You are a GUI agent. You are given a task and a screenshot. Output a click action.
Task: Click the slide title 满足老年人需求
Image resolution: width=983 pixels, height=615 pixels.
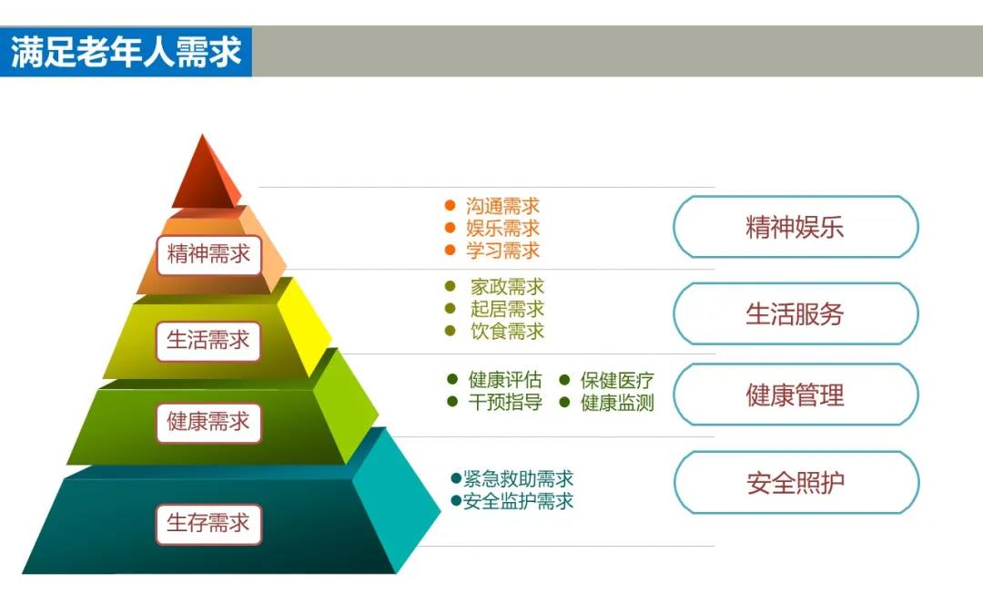click(126, 51)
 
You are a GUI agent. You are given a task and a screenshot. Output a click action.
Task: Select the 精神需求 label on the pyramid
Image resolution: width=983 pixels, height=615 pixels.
click(208, 255)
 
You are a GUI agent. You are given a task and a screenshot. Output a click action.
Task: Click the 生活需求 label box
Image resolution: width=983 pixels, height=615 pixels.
click(208, 341)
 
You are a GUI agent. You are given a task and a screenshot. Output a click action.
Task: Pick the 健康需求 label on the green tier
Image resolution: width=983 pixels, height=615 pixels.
click(208, 423)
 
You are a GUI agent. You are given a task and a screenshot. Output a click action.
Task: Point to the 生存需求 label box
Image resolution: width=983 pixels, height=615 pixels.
click(208, 523)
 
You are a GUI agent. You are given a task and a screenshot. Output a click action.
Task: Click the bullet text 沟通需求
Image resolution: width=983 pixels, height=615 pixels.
click(502, 206)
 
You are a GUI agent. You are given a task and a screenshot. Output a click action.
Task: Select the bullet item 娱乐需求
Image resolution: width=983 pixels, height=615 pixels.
click(502, 228)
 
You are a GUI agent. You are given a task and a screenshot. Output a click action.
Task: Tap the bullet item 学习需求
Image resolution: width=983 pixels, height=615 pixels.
click(502, 251)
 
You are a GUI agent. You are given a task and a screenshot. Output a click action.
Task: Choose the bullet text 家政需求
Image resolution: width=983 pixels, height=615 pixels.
click(507, 287)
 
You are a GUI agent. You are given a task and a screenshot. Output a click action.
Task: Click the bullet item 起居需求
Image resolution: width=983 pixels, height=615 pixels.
click(507, 309)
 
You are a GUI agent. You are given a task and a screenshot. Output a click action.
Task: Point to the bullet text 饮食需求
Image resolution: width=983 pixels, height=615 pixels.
click(507, 331)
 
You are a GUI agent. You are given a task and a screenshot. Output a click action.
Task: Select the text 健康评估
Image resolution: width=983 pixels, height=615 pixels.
click(505, 380)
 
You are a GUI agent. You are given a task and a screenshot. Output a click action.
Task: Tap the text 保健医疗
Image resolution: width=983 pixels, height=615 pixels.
click(617, 380)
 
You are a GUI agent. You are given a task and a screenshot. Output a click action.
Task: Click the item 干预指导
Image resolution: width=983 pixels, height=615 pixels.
click(505, 402)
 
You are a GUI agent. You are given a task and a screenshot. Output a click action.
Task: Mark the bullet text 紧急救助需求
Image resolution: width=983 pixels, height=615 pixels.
click(519, 479)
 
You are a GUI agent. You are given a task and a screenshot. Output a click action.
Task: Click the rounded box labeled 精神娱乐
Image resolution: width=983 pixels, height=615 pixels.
click(796, 227)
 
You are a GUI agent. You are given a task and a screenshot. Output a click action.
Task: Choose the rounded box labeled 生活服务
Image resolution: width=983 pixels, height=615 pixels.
click(796, 313)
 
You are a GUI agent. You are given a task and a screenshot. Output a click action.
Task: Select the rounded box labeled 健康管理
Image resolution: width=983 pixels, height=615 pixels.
click(796, 395)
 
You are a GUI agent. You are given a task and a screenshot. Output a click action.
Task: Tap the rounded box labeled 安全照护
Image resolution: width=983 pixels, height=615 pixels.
click(796, 483)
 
